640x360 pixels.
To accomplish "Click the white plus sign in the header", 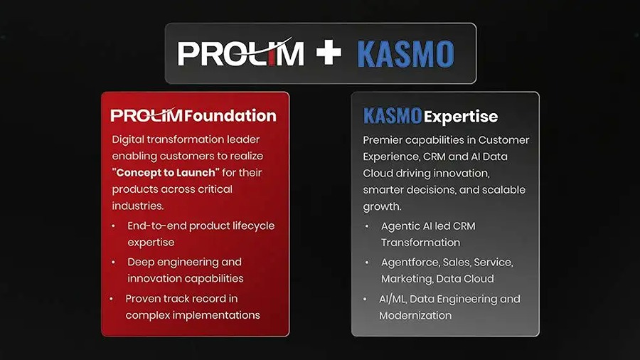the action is coord(329,53).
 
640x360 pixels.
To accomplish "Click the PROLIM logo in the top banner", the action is coord(241,52).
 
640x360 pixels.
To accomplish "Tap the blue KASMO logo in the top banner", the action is coord(405,54).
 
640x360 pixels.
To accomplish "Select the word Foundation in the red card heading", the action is coord(230,115).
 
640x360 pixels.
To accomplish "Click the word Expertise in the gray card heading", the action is coord(461,117).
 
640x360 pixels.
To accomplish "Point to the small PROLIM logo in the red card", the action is coord(146,115).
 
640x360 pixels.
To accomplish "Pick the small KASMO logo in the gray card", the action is coord(393,116).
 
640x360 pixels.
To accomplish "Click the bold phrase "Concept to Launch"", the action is coord(166,173).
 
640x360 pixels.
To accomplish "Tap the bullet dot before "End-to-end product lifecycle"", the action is coord(114,226).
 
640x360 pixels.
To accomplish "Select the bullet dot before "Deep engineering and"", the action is coord(114,262).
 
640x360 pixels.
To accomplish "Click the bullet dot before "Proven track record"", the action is coord(112,299).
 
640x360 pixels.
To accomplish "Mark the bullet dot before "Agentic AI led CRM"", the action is coord(367,226).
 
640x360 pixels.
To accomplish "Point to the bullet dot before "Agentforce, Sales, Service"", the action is coord(367,263).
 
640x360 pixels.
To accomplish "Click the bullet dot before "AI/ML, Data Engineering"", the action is coord(365,300).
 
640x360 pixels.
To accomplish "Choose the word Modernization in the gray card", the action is coord(415,315).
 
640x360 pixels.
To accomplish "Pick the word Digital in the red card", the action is coord(128,139).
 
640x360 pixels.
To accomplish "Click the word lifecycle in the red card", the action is coord(253,226).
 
